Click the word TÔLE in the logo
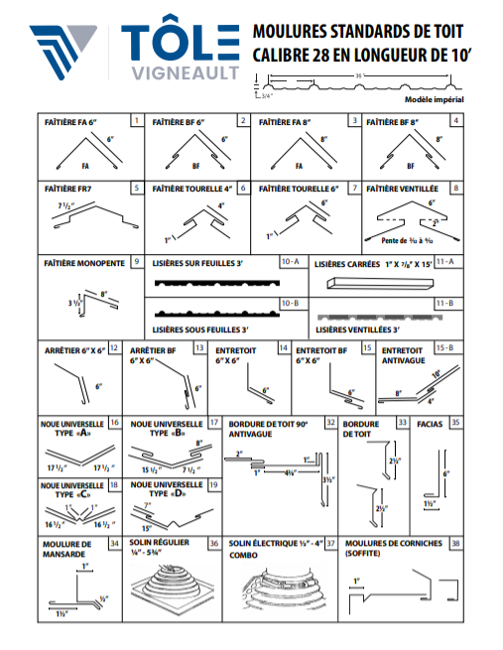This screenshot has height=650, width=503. point(180,43)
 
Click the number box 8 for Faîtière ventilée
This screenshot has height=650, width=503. point(455,187)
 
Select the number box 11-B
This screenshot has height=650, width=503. point(443,303)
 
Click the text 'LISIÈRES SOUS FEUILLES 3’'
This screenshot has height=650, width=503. point(199,328)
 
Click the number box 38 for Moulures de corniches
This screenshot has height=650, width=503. point(455,544)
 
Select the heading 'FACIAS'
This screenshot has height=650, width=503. point(431,423)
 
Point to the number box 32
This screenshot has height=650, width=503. point(329,422)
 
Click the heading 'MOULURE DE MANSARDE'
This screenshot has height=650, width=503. point(67,550)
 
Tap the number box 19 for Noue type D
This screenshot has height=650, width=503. point(213,484)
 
